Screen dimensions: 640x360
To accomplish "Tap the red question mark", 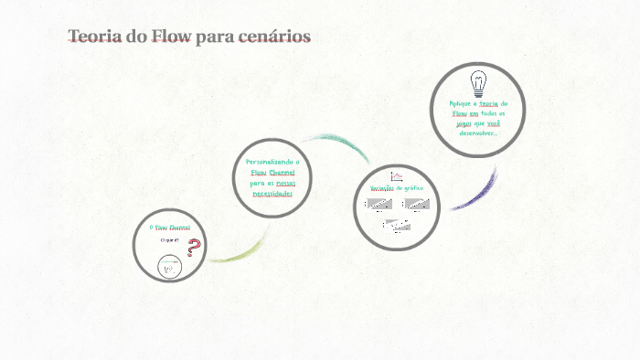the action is [193, 247].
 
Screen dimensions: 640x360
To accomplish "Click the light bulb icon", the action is [478, 84].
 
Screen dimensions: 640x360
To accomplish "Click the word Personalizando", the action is [272, 162].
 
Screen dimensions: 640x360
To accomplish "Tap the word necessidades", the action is [272, 194].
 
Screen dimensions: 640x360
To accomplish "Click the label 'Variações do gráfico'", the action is [396, 188].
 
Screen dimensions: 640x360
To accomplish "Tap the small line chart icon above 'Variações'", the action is [397, 175].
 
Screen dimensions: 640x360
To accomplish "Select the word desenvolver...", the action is [477, 132].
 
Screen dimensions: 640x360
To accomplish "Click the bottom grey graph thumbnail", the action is [396, 224].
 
